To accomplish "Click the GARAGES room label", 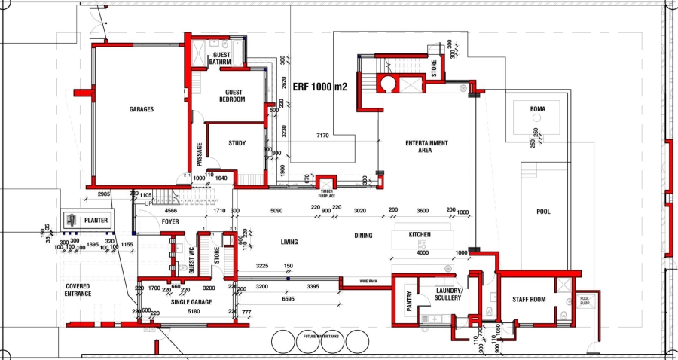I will click(141, 109).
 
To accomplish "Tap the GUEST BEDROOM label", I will click(232, 96).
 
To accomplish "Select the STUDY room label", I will click(237, 143).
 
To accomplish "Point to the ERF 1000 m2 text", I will click(319, 87).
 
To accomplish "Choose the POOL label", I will click(543, 212).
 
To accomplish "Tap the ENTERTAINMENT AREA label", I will click(426, 146).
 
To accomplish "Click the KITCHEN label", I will click(420, 235).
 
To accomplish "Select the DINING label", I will click(363, 236).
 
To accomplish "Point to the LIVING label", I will click(289, 242).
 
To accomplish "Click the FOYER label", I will click(170, 222).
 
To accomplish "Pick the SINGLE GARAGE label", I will click(191, 301).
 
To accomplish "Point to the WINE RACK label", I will click(368, 280).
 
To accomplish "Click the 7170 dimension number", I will click(322, 136).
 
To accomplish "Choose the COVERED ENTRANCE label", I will click(78, 290).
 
